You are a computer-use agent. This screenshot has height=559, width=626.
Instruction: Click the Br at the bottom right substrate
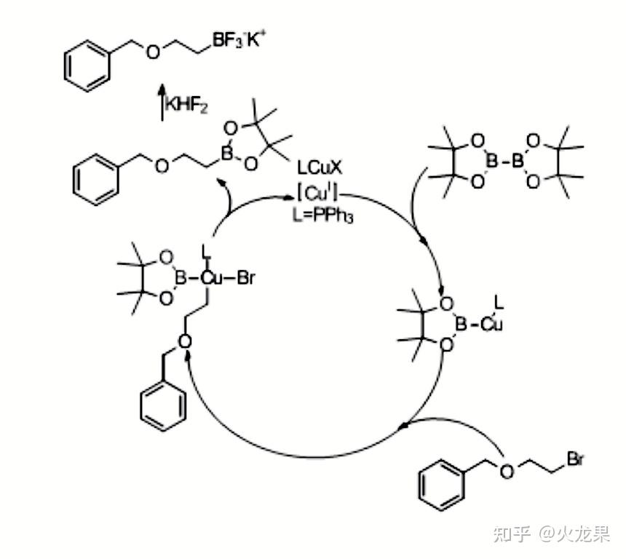(x=575, y=459)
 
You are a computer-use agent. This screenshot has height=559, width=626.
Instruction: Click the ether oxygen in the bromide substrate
(x=506, y=469)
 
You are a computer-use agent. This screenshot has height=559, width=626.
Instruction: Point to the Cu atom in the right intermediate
(x=492, y=322)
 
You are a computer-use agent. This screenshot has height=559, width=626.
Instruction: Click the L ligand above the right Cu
(x=499, y=299)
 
